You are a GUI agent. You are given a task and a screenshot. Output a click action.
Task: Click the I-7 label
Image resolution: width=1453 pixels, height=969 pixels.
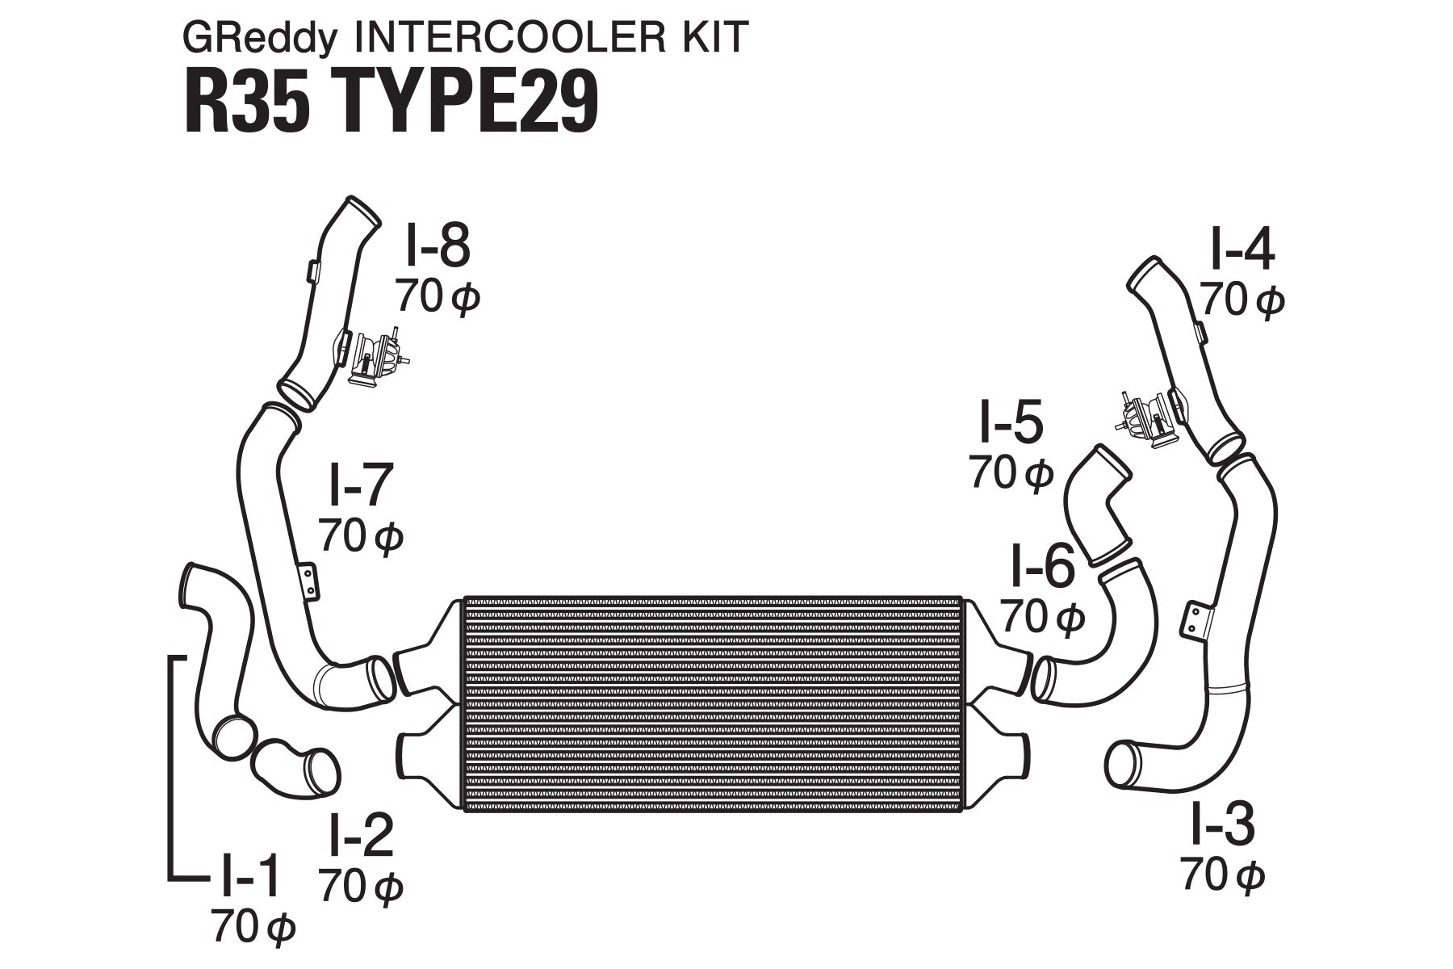360,484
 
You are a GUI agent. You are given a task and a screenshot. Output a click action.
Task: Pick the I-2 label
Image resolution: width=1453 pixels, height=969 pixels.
360,836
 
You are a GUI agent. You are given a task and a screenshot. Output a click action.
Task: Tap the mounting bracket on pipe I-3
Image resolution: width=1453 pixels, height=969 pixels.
1195,619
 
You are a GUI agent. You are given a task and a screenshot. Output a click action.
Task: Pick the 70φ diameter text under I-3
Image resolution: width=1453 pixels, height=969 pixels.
1222,875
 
